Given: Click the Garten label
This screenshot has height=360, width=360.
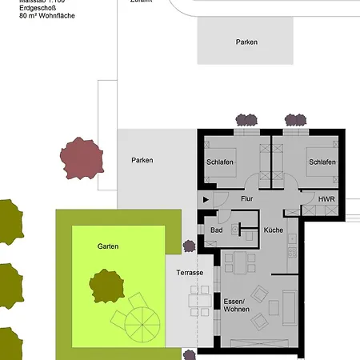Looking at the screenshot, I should tap(108, 246).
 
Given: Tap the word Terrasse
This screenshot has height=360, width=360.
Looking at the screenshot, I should tap(190, 273).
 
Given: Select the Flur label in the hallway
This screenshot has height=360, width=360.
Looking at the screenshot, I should tap(246, 198).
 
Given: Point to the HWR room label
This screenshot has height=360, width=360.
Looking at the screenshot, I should tap(326, 198).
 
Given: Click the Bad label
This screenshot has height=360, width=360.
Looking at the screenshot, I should tap(216, 230).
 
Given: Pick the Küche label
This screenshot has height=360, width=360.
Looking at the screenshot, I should tap(274, 230).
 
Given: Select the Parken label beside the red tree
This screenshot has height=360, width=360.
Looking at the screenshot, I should tap(142, 160).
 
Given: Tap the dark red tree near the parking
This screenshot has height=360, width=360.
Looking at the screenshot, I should tap(82, 158).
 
